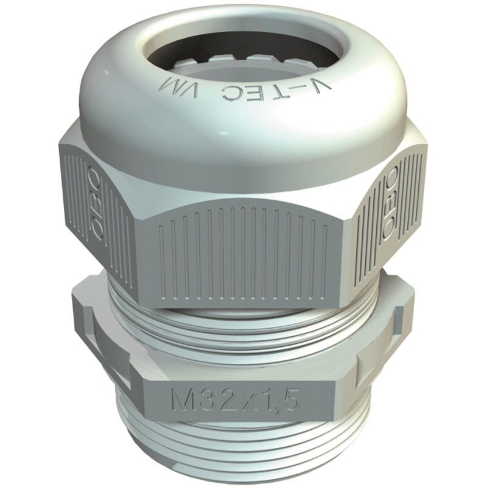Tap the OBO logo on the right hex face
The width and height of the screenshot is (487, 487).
[x=391, y=204]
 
